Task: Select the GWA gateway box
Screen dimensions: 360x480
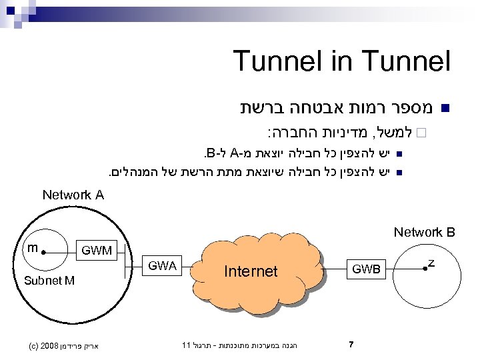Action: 163,265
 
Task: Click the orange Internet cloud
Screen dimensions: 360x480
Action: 251,271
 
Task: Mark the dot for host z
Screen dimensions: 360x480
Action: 424,268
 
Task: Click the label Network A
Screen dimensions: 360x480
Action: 73,195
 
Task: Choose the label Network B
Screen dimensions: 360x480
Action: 424,233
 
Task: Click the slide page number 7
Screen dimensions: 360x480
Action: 351,345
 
